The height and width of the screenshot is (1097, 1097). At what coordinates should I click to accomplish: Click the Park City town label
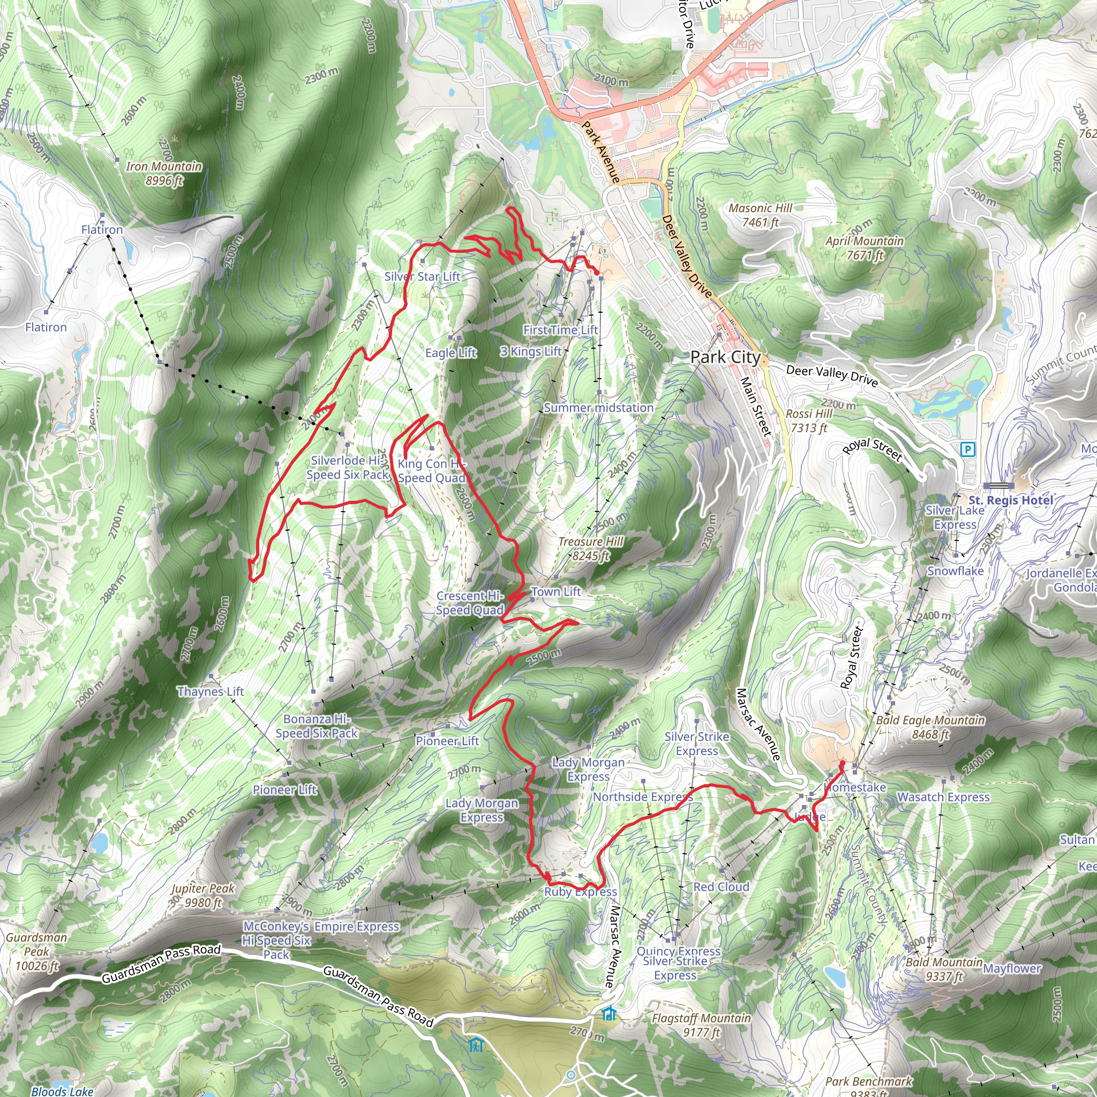(x=725, y=357)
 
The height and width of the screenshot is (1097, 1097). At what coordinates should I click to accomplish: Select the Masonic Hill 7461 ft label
(x=760, y=215)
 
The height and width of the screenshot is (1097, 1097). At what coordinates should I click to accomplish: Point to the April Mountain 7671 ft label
(x=864, y=248)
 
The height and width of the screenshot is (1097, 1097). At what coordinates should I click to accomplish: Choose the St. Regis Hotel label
(x=1011, y=500)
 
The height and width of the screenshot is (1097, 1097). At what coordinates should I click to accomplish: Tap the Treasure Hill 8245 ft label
(x=590, y=548)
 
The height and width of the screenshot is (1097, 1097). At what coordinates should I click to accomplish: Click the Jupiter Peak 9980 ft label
(x=202, y=896)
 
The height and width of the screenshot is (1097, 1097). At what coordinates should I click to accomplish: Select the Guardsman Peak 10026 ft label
(x=37, y=951)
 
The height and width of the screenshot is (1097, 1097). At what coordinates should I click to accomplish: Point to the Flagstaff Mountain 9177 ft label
(x=701, y=1025)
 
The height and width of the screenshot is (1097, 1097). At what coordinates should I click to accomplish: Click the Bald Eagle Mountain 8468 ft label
(x=930, y=727)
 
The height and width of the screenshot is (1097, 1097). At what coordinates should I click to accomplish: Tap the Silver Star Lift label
(x=422, y=276)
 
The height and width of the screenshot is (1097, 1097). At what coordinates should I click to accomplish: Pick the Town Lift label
(x=556, y=592)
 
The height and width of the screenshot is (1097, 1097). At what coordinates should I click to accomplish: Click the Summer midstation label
(x=598, y=408)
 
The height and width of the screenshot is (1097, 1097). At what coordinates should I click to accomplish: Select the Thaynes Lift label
(x=210, y=692)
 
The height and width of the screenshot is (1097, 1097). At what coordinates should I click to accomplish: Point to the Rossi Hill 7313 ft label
(x=808, y=420)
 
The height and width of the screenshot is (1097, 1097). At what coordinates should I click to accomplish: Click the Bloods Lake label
(x=62, y=1091)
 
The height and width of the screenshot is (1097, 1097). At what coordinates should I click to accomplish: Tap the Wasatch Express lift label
(x=943, y=797)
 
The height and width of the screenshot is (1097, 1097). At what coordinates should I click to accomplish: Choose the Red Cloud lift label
(x=721, y=887)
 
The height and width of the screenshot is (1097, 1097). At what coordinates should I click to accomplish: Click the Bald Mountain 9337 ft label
(x=944, y=968)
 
